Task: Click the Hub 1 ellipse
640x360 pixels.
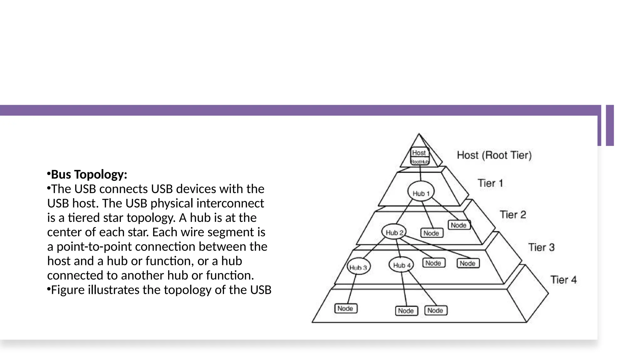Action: pos(421,191)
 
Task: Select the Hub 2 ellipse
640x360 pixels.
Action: pos(394,232)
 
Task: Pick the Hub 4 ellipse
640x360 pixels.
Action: pos(401,265)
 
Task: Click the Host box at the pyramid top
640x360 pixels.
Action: pos(419,152)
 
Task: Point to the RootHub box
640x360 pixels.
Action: pos(420,162)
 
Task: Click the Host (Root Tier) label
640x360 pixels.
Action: pos(494,155)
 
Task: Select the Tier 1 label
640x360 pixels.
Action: pos(490,183)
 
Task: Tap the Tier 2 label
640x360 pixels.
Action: pos(512,215)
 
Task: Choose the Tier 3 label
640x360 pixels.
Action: pos(541,247)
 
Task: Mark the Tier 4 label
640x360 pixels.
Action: pos(563,280)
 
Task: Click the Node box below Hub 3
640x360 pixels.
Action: pos(346,308)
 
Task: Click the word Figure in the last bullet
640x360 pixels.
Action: pos(67,290)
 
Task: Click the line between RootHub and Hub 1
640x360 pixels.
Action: pos(420,173)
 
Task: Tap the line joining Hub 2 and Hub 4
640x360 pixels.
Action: pos(398,248)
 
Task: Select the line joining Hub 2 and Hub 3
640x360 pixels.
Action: pos(374,248)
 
